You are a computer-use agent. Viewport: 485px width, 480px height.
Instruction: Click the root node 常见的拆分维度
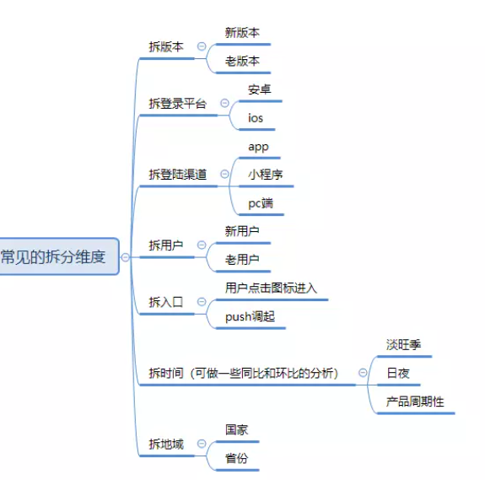[x=59, y=256]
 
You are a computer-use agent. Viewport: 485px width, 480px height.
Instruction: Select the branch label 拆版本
[x=166, y=46]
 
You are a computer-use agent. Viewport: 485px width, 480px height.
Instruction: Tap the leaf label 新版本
[x=242, y=32]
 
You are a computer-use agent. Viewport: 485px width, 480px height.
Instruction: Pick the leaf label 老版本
[x=242, y=61]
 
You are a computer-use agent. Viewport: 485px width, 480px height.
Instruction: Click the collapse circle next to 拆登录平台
[x=224, y=103]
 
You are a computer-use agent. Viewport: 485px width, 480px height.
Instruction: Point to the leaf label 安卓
[x=260, y=89]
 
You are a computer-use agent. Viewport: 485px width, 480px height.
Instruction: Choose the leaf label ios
[x=256, y=118]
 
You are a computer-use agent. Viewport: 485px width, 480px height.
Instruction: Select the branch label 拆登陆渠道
[x=177, y=175]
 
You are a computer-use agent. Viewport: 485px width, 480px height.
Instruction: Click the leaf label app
[x=258, y=147]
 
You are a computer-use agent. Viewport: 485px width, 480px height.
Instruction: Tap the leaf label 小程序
[x=266, y=175]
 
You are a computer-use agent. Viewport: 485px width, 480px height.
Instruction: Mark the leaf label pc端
[x=261, y=203]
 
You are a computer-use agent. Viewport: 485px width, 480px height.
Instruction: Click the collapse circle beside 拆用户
[x=202, y=245]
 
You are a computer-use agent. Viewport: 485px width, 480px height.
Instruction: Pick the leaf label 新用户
[x=242, y=231]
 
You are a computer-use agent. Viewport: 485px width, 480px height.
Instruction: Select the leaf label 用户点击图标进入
[x=271, y=288]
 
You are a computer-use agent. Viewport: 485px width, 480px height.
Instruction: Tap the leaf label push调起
[x=250, y=316]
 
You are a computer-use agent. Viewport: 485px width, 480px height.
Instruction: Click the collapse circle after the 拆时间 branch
[x=363, y=372]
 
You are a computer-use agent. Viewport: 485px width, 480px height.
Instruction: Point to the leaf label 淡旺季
[x=403, y=344]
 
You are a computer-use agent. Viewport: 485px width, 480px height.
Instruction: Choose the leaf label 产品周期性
[x=415, y=402]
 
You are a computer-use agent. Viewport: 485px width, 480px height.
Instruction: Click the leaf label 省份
[x=237, y=458]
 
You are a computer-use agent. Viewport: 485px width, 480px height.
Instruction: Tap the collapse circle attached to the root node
[x=126, y=257]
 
